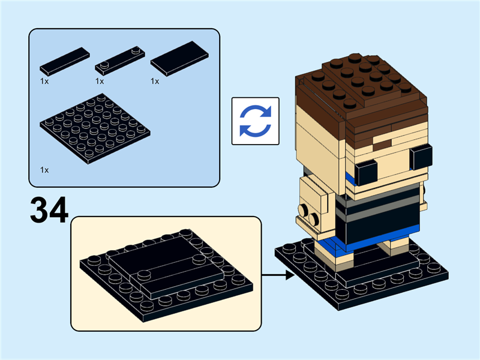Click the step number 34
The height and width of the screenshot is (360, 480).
pyautogui.click(x=49, y=211)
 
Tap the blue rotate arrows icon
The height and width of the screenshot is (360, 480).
pyautogui.click(x=256, y=121)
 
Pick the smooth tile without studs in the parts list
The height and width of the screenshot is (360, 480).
pyautogui.click(x=179, y=58)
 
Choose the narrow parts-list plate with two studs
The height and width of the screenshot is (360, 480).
pyautogui.click(x=122, y=60)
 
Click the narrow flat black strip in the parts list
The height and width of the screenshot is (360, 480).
pyautogui.click(x=65, y=61)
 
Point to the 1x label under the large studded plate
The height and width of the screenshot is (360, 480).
pyautogui.click(x=44, y=170)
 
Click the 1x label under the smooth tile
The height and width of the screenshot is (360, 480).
pyautogui.click(x=155, y=81)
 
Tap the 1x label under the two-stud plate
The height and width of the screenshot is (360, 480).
pyautogui.click(x=100, y=81)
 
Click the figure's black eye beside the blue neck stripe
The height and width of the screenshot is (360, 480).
pyautogui.click(x=365, y=173)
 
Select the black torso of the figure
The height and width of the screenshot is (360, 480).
pyautogui.click(x=378, y=216)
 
